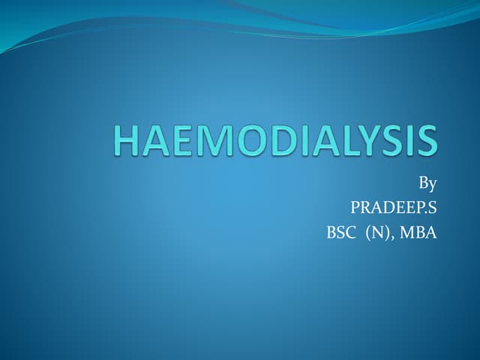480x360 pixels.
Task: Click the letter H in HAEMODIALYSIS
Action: pos(129,141)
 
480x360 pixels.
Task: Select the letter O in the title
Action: pos(249,141)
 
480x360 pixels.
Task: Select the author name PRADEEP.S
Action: pos(393,207)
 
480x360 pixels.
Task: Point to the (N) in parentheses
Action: pos(378,232)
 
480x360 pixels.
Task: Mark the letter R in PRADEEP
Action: pos(365,207)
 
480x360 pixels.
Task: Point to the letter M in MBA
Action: pos(406,232)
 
